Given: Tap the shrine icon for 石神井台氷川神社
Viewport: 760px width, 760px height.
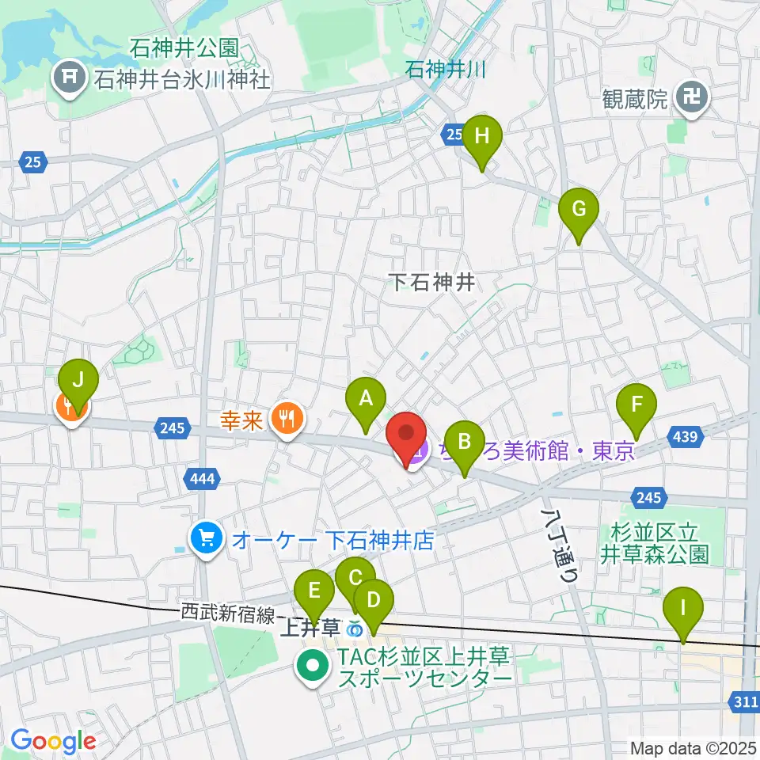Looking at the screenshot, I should tap(67, 78).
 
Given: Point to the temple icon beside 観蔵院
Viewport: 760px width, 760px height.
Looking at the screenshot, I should tap(698, 98).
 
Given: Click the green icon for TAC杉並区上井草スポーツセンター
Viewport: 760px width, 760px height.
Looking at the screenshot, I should tap(313, 667).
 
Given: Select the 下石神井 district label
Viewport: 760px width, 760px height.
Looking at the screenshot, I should tap(433, 282).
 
